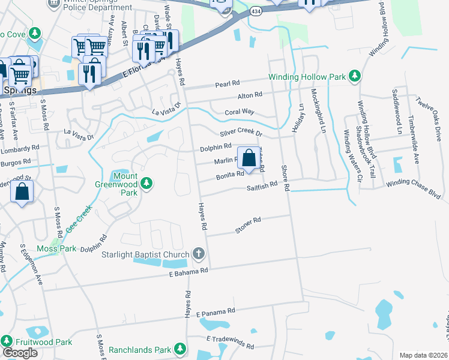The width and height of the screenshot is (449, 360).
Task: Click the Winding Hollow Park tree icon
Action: (355, 76)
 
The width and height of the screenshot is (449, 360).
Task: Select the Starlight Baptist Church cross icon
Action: (199, 255)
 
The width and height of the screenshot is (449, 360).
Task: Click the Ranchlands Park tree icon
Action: (179, 349)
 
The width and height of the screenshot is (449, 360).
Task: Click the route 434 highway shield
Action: (256, 12)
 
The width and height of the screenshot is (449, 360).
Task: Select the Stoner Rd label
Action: (248, 221)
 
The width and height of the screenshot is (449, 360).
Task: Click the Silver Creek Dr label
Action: (241, 132)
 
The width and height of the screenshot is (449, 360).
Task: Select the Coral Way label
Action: (240, 112)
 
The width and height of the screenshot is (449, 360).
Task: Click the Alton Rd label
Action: (250, 95)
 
